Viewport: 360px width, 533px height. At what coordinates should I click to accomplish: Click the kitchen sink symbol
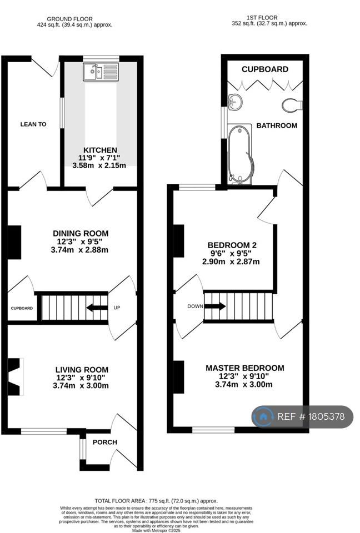[x=101, y=72]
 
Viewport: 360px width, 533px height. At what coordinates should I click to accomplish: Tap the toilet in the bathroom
[x=292, y=104]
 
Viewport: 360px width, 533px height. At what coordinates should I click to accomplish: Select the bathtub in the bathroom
[x=240, y=154]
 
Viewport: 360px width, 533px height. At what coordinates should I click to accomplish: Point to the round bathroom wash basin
[x=235, y=101]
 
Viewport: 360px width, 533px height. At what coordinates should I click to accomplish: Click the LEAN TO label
[x=33, y=124]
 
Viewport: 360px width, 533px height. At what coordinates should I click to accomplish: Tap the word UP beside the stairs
[x=117, y=308]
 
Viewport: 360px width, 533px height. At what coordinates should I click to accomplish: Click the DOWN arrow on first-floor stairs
[x=214, y=306]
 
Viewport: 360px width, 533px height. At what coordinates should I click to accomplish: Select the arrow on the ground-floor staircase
[x=97, y=308]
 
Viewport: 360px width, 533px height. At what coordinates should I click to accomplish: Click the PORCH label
[x=105, y=443]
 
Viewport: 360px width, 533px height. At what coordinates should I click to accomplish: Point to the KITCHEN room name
[x=101, y=150]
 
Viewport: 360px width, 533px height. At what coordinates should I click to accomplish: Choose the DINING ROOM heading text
[x=81, y=234]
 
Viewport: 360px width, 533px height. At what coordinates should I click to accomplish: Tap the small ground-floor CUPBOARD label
[x=22, y=308]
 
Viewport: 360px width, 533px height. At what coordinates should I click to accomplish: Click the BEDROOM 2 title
[x=232, y=245]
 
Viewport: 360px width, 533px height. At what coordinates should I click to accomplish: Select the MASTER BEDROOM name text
[x=245, y=368]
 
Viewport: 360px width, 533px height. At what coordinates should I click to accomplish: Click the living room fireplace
[x=16, y=376]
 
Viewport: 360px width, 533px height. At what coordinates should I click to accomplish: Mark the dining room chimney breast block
[x=14, y=243]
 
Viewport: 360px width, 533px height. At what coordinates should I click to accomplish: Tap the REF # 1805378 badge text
[x=311, y=416]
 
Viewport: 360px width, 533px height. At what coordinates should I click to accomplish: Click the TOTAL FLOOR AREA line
[x=156, y=501]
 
